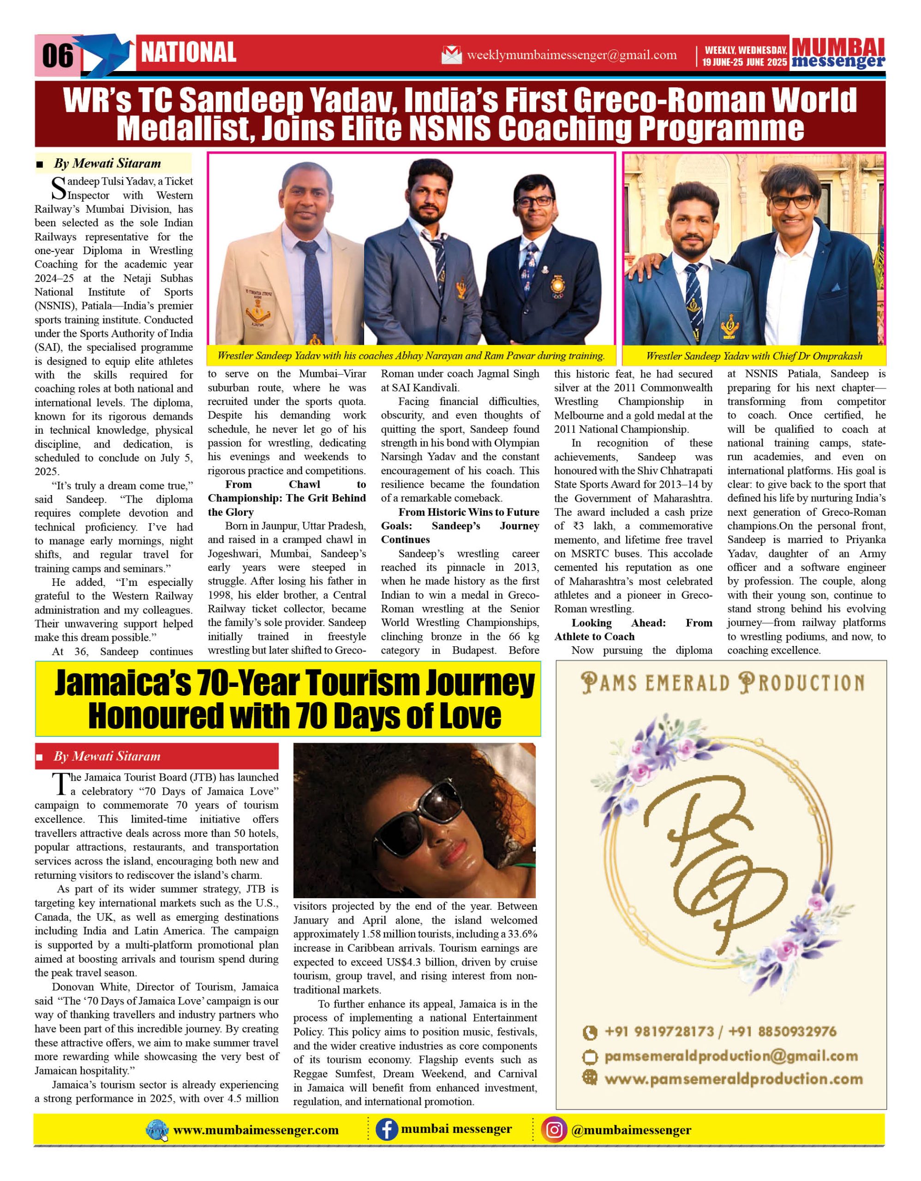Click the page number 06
point(57,55)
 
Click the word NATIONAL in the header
point(188,53)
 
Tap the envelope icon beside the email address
point(452,54)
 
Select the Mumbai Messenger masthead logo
point(838,54)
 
